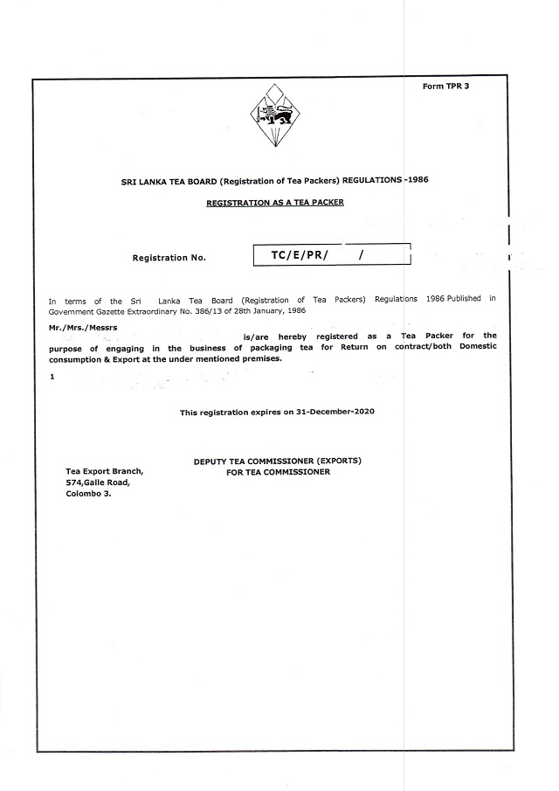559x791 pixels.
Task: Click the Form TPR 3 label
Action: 445,87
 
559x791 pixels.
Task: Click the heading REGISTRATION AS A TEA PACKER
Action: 275,202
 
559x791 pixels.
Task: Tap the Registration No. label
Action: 169,258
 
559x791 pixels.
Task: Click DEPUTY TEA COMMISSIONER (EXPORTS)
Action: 277,461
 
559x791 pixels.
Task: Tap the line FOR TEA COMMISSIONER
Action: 278,472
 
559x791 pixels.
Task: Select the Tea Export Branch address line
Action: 105,471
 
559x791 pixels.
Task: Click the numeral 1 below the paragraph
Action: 52,376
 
